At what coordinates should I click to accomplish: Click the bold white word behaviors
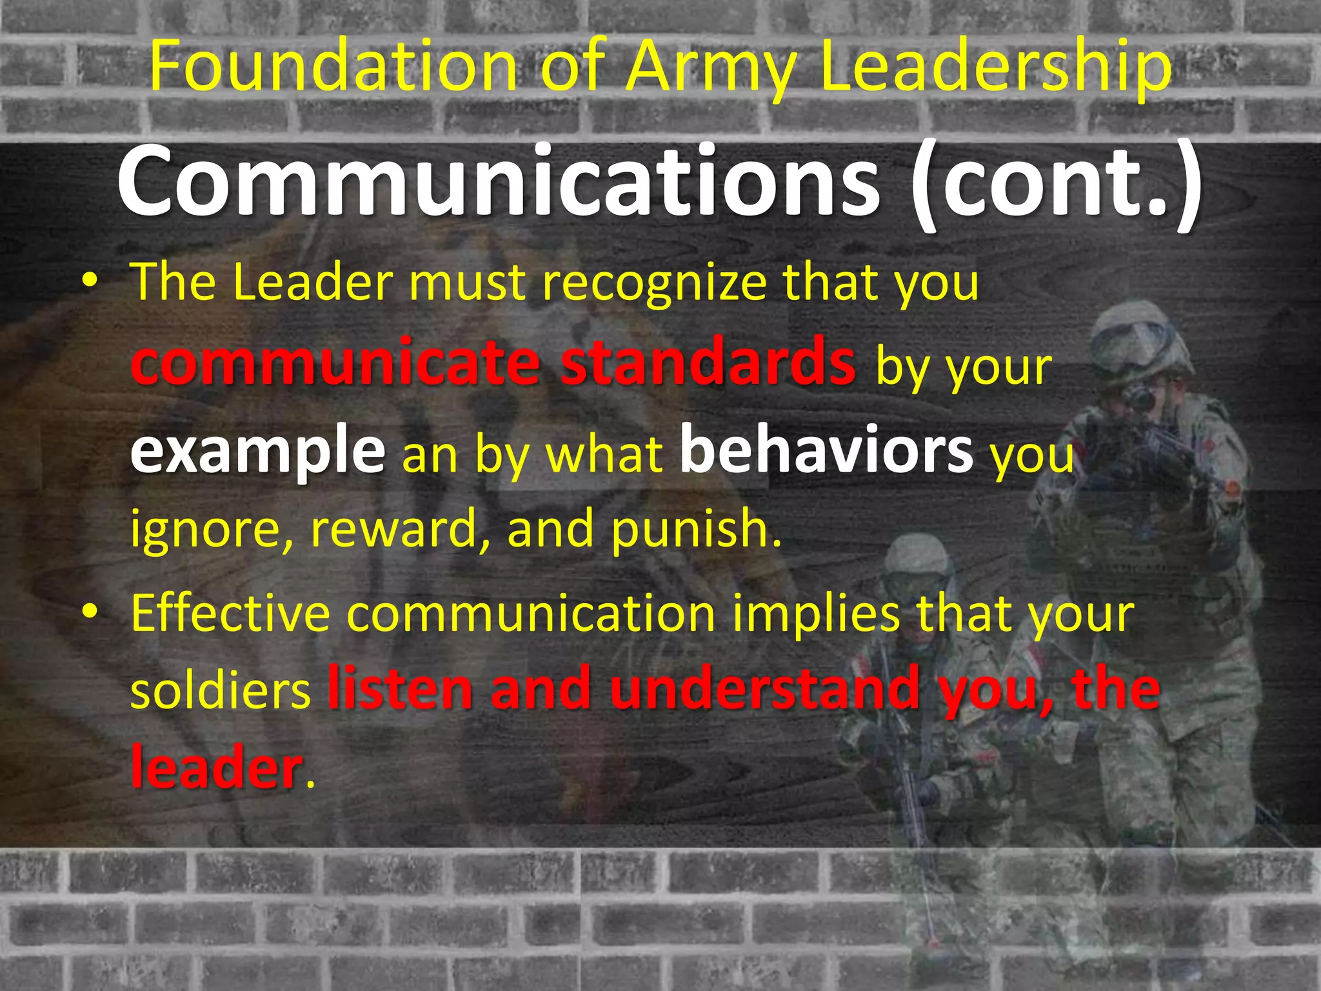(x=826, y=448)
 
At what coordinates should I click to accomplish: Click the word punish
(x=696, y=530)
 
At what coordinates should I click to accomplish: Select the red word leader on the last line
(x=216, y=767)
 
